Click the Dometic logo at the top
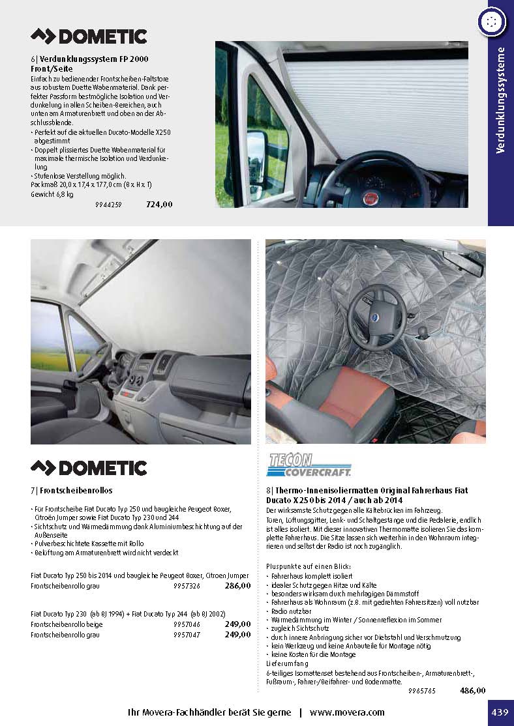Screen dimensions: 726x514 [x=89, y=36]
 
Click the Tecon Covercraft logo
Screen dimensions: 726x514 [x=309, y=465]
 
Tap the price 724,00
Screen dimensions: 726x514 [x=159, y=204]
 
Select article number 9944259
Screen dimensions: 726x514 [x=108, y=205]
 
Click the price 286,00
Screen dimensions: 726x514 [x=237, y=586]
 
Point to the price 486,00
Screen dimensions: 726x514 [x=472, y=690]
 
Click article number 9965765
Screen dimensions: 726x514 [x=421, y=691]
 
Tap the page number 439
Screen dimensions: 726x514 [x=500, y=712]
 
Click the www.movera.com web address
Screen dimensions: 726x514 [x=347, y=712]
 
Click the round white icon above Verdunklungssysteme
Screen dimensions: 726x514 [x=491, y=21]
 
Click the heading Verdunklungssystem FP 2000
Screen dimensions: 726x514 [x=89, y=59]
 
